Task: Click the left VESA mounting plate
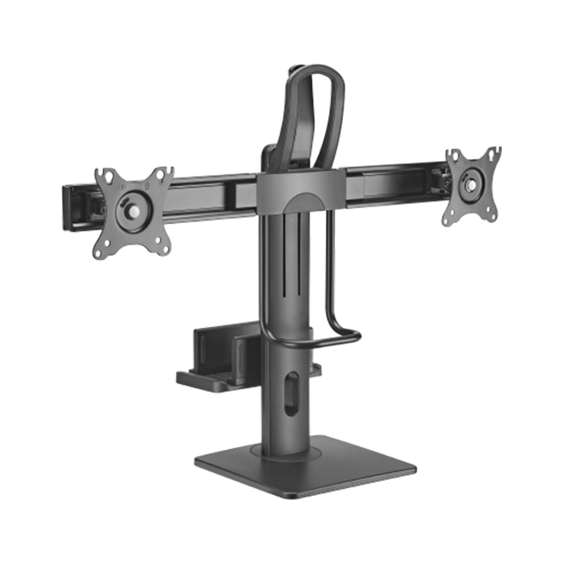(x=134, y=211)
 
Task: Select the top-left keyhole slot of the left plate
(x=102, y=175)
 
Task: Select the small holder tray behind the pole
(x=214, y=361)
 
